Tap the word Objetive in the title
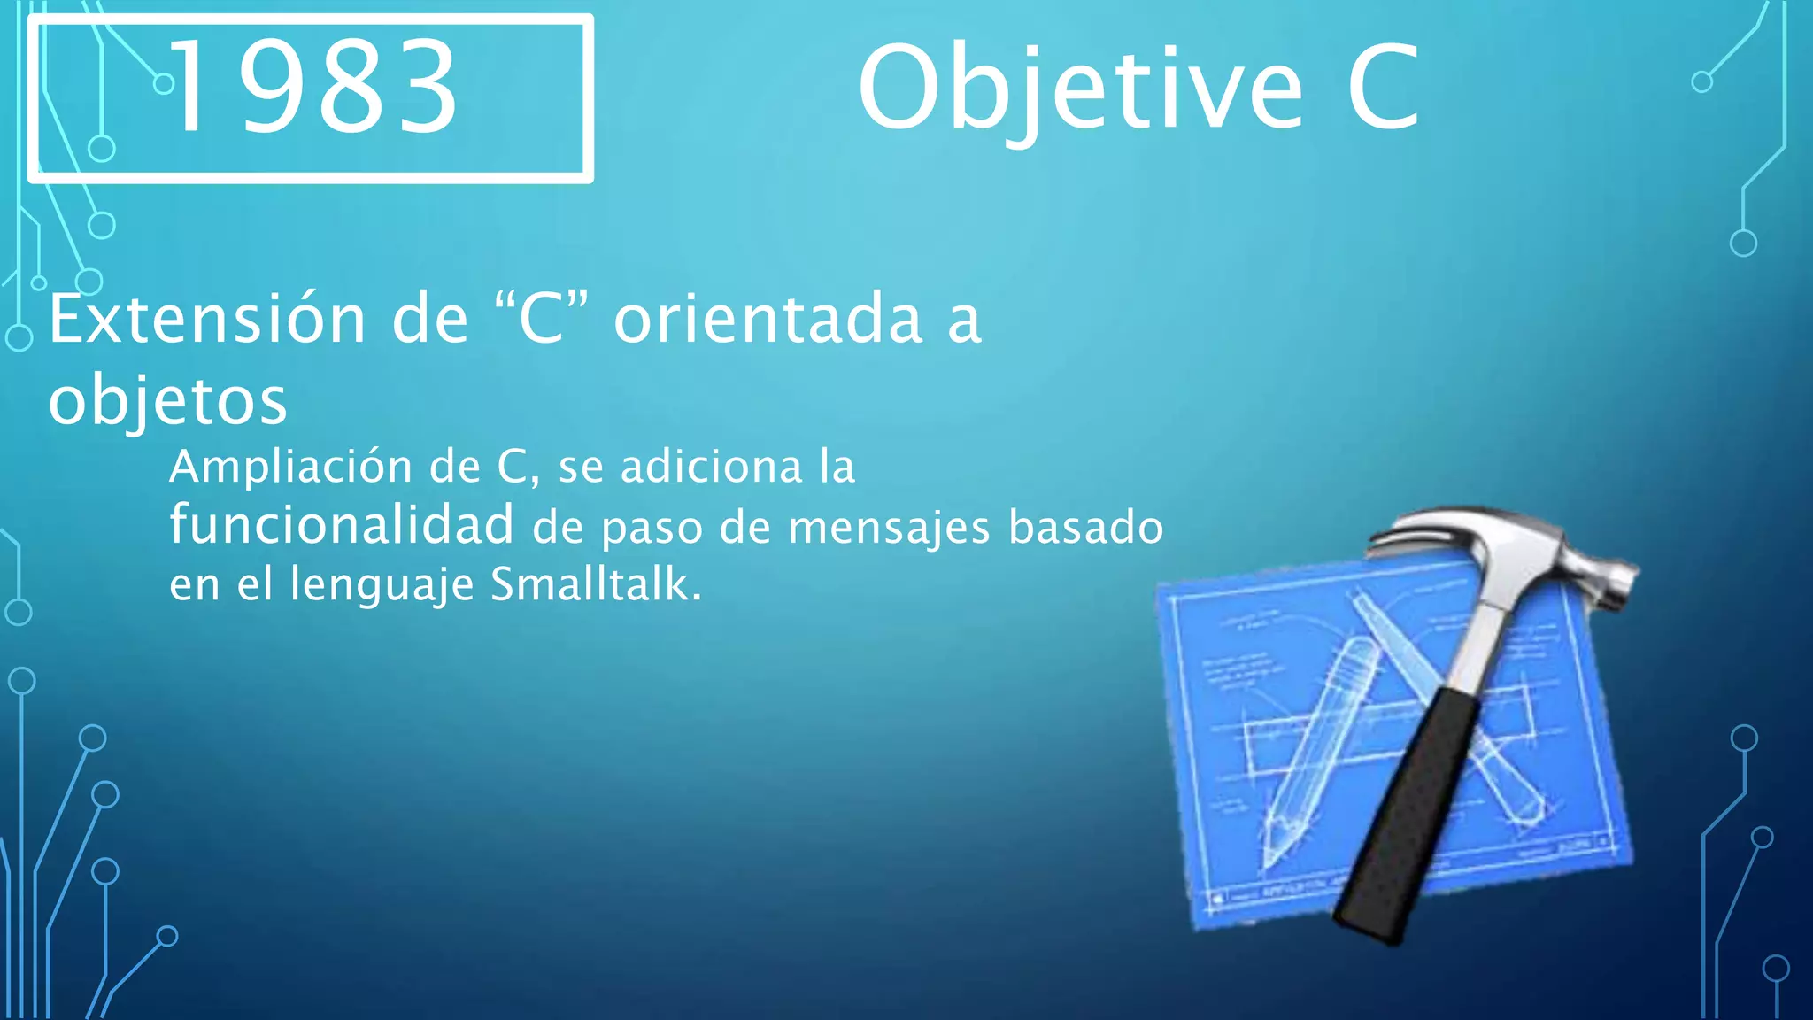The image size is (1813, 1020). click(x=1080, y=89)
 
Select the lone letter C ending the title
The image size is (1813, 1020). click(x=1383, y=89)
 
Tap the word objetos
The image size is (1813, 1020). click(x=167, y=401)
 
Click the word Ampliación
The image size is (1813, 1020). click(x=290, y=467)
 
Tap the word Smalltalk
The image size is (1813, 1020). click(x=596, y=584)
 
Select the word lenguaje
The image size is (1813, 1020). click(x=382, y=586)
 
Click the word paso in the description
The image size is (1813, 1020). click(x=652, y=529)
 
